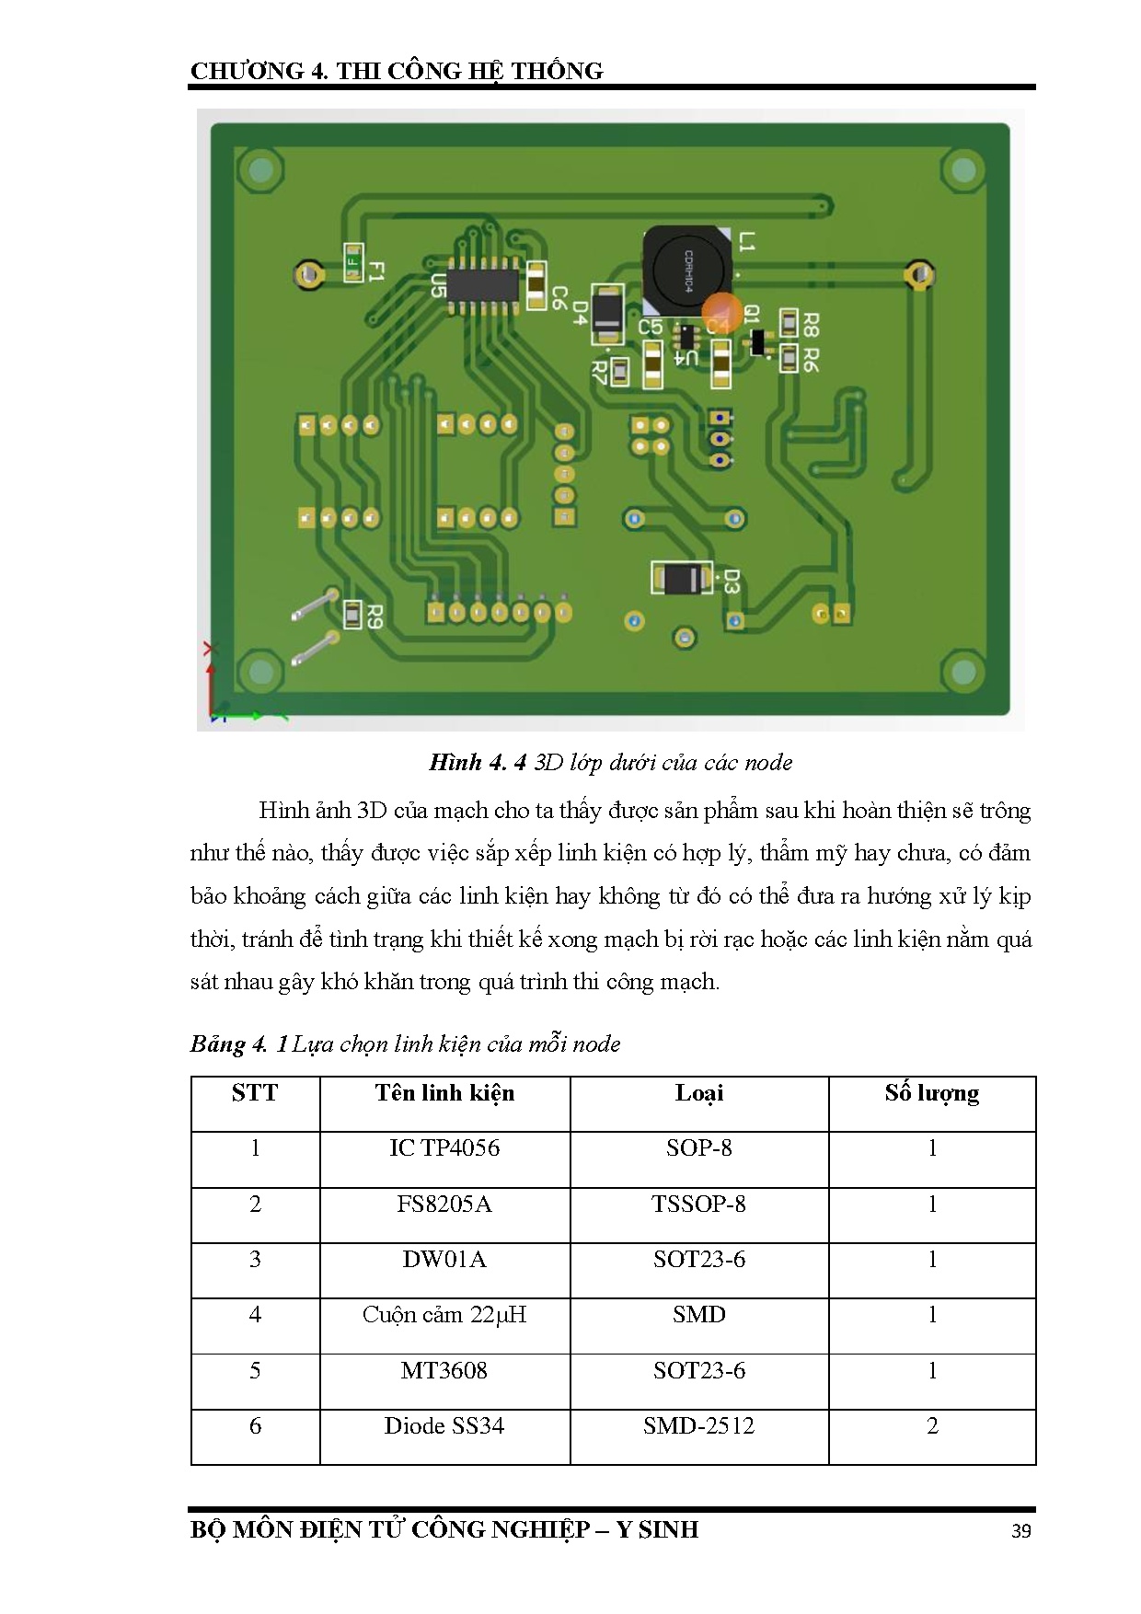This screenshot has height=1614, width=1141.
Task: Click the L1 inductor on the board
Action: pos(685,268)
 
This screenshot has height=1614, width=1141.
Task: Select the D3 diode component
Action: pos(682,578)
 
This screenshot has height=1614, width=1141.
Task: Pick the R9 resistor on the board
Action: pos(352,614)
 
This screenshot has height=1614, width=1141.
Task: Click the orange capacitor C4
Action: pos(722,313)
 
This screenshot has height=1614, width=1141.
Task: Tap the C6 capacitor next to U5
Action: pos(536,284)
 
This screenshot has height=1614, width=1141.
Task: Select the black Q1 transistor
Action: pos(757,342)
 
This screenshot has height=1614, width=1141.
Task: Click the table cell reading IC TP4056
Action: pos(444,1148)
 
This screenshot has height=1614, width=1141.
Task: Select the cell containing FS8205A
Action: pos(444,1205)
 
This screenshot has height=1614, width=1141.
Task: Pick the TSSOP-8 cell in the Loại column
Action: pos(698,1205)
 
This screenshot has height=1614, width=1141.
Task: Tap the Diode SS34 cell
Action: pos(444,1426)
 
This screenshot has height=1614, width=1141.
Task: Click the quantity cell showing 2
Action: pos(932,1426)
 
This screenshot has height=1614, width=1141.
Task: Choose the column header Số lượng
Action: pos(932,1093)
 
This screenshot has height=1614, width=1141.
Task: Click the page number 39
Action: pos(1020,1531)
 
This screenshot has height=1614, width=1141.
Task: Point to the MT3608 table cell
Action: pos(444,1371)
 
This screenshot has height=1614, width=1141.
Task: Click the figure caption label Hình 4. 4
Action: pos(478,763)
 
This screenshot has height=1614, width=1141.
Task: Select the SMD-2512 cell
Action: pos(698,1426)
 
